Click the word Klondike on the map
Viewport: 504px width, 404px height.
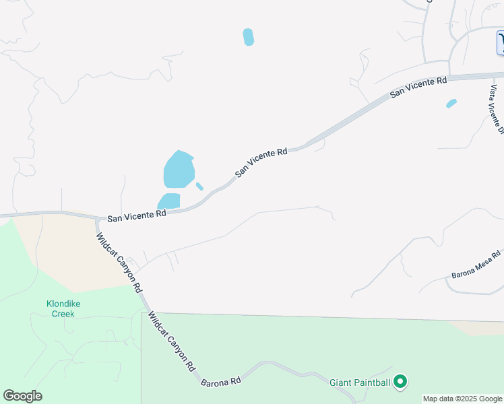[63, 304]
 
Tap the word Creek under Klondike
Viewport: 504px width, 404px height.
[63, 313]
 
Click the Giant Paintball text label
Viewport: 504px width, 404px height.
[359, 383]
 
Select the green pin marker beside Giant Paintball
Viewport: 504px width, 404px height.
[400, 382]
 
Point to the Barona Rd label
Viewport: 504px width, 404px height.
[221, 381]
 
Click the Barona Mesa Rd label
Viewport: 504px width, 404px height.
[476, 265]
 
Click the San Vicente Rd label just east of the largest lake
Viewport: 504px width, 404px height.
[261, 162]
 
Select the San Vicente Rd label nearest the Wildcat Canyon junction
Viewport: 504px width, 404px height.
[137, 215]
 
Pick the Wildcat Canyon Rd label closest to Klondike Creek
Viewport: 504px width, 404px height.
[119, 263]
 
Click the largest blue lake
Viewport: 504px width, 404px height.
[179, 170]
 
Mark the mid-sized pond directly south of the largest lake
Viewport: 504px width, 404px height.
[169, 201]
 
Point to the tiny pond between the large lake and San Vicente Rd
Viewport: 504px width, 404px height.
[199, 186]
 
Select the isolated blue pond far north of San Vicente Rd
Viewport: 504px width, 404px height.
[249, 37]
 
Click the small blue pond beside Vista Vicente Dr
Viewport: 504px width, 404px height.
[451, 104]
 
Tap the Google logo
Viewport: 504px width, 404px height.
[22, 396]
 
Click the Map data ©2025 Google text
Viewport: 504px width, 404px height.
[462, 399]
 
